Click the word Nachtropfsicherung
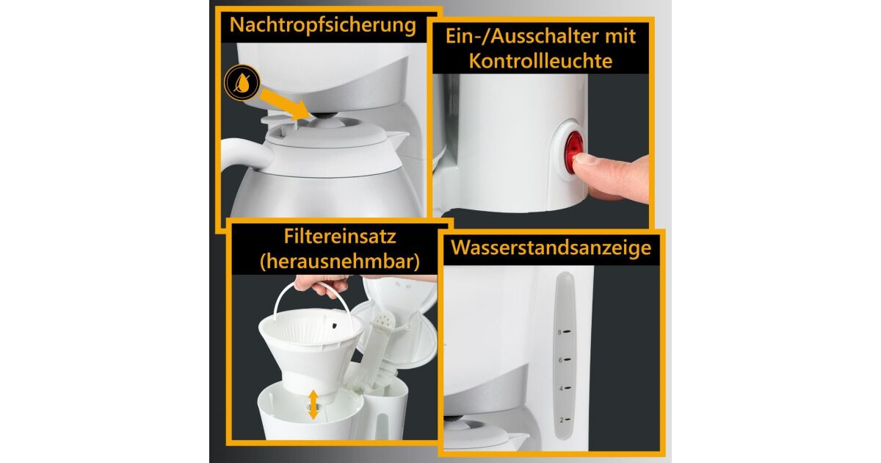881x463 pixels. (322, 25)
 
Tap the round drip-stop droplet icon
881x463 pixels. (242, 83)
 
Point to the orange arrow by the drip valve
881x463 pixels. (286, 104)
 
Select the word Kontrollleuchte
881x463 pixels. (541, 61)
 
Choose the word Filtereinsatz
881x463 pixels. (340, 237)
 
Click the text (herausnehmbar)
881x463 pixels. (340, 262)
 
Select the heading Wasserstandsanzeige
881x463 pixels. (551, 248)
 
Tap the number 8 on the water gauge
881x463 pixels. (559, 332)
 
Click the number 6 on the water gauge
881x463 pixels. (560, 360)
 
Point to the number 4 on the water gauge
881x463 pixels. (561, 389)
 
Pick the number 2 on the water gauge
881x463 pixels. (562, 420)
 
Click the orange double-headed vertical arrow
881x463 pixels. (313, 405)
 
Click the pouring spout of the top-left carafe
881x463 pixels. (399, 137)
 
